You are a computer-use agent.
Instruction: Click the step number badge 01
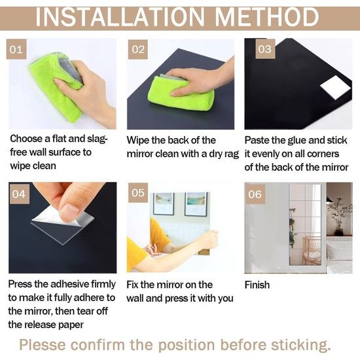tap(16, 49)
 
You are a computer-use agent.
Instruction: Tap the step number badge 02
tap(138, 49)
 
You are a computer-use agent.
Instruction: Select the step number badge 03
tap(265, 48)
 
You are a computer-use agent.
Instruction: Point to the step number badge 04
tap(19, 194)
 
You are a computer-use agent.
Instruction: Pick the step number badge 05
tap(138, 192)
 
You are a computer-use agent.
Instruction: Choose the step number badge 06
tap(255, 194)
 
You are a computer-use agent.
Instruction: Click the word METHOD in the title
tap(266, 17)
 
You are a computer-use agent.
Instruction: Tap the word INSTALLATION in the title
tap(120, 18)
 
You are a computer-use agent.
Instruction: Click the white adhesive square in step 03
tap(336, 87)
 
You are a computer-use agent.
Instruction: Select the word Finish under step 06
tap(257, 285)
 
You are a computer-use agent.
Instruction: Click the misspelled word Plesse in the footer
tap(43, 345)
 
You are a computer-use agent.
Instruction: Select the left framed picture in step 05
tap(164, 204)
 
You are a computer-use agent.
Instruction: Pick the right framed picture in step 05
tap(196, 204)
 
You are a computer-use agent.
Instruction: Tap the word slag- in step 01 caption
tap(97, 139)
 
